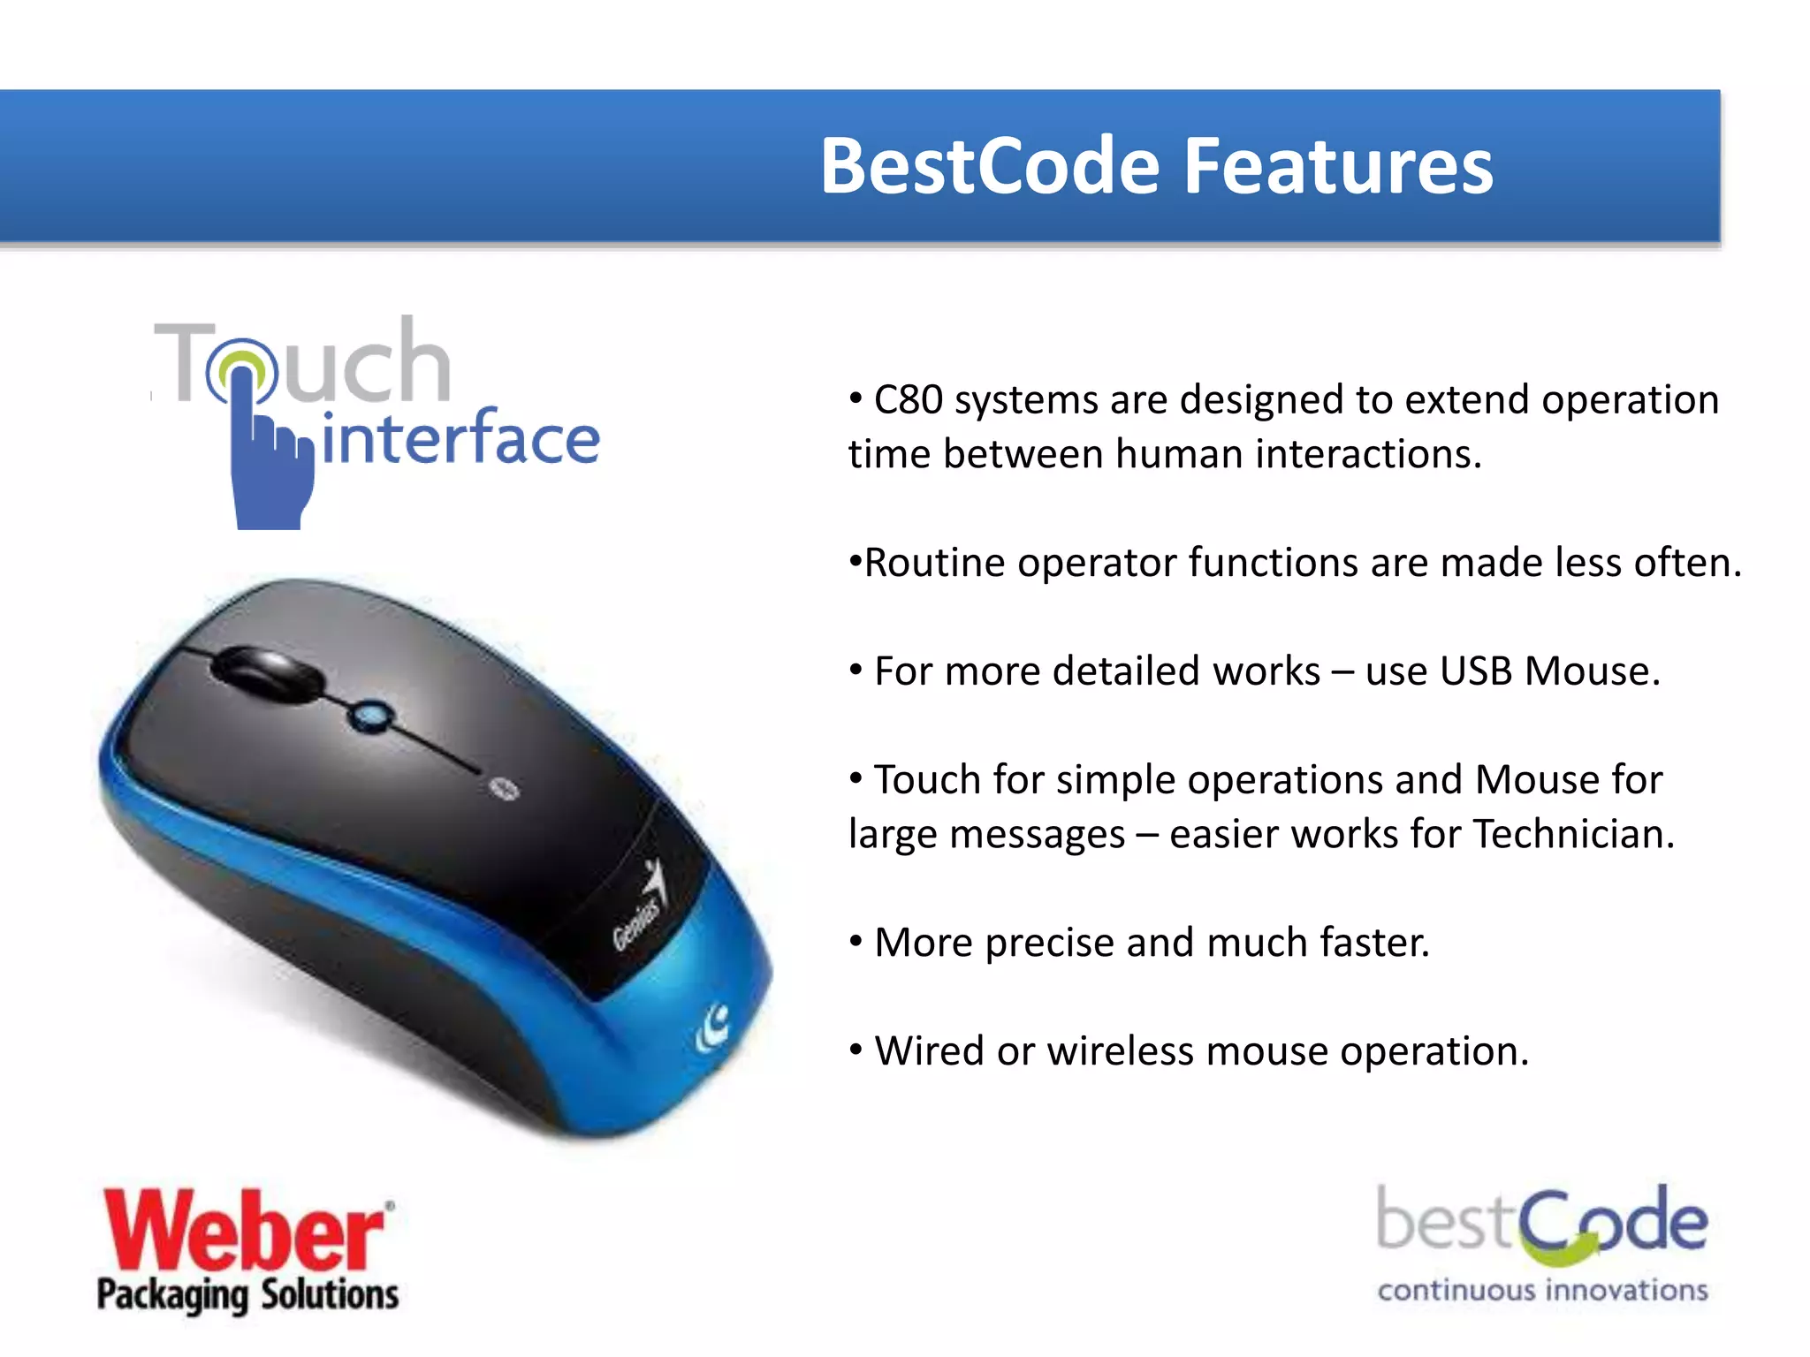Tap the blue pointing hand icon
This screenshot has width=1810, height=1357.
click(x=270, y=459)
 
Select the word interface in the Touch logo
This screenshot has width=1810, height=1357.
click(x=460, y=438)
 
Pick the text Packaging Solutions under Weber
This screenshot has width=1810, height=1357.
click(x=248, y=1294)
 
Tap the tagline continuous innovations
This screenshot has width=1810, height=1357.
click(x=1542, y=1291)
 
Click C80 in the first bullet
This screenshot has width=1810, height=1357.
click(x=908, y=400)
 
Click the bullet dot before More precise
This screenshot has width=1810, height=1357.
click(x=856, y=940)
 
